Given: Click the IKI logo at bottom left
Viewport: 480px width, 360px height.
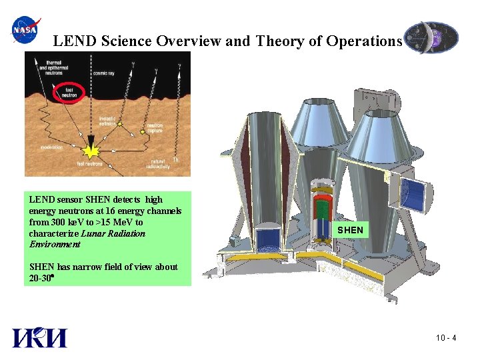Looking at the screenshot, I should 39,338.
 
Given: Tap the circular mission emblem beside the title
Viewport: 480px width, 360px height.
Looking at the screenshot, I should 431,37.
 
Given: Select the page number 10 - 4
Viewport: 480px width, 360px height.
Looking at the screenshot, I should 445,338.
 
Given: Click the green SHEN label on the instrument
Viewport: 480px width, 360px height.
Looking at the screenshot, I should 350,230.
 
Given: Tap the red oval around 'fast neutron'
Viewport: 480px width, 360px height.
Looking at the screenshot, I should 70,91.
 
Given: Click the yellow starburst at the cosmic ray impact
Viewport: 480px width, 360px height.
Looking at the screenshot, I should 89,142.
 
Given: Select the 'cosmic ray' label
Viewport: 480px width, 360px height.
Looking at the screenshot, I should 105,73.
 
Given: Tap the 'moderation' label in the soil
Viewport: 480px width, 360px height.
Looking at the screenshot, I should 51,147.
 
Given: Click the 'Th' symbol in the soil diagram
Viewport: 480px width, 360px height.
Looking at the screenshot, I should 175,159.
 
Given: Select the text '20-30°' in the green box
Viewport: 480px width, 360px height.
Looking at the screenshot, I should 41,277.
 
